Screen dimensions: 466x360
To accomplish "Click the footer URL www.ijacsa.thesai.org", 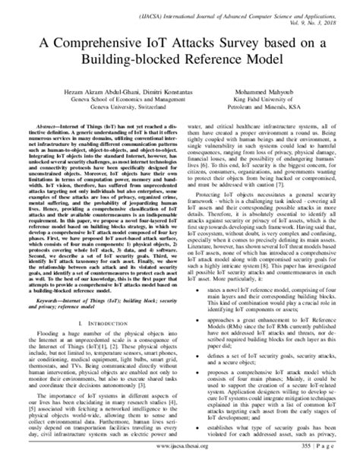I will tap(180, 457).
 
